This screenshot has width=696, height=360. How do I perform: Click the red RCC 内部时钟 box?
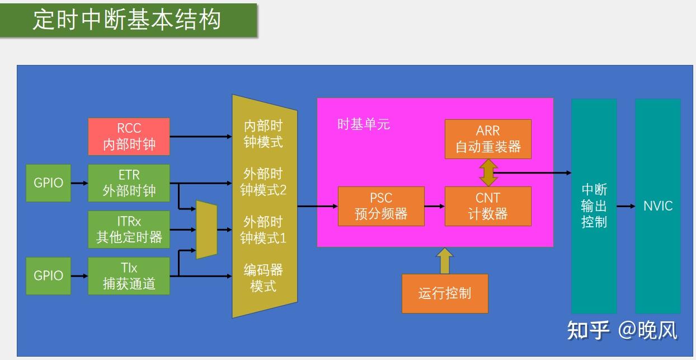point(129,137)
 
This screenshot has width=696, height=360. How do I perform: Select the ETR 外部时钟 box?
point(129,183)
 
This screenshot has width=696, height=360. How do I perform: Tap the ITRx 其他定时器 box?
point(129,230)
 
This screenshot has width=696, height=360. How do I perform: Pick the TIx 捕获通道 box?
point(129,276)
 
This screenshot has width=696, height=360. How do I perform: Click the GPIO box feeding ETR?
point(49,183)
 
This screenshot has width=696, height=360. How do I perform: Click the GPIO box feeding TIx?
point(49,276)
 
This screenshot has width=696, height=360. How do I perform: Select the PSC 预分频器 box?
point(381,206)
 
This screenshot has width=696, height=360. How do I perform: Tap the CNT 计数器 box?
point(488,206)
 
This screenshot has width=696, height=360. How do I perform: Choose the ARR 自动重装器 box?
point(488,139)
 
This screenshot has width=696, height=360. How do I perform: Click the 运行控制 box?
point(445,293)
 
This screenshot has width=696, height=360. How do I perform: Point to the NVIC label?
point(658,206)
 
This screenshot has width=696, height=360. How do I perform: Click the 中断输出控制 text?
point(594,206)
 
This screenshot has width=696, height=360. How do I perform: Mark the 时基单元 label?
point(364,124)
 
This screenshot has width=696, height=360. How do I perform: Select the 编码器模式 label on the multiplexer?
point(263,278)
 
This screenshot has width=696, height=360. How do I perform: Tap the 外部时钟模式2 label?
point(263,182)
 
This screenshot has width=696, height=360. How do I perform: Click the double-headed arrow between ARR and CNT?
point(488,173)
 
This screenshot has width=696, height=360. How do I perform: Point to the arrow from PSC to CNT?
point(435,206)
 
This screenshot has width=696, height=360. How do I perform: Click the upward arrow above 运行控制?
point(445,261)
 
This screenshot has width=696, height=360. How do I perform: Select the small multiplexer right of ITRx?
point(206,230)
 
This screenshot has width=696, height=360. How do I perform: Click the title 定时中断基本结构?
point(127,20)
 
